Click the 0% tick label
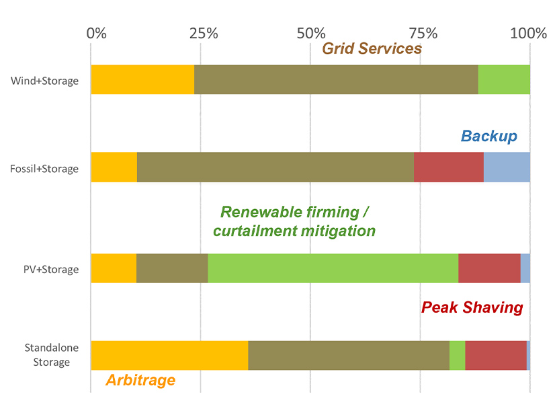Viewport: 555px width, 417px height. tap(97, 33)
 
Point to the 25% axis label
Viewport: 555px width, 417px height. tap(203, 33)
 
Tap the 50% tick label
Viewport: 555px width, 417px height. tap(310, 33)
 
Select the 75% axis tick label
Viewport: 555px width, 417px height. tap(419, 33)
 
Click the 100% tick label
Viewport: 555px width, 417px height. tap(528, 33)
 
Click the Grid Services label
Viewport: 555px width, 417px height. tap(372, 48)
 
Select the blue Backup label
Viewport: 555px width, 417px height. tap(488, 137)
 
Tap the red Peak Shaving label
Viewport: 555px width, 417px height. tap(472, 307)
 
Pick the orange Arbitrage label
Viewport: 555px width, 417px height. tap(140, 380)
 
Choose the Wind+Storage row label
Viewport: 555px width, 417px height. tap(44, 81)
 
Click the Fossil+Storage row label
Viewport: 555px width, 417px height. tap(44, 169)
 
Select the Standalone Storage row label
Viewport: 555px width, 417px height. tap(47, 355)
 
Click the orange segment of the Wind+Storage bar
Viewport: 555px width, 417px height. tap(142, 79)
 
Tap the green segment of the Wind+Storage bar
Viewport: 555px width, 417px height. tap(504, 79)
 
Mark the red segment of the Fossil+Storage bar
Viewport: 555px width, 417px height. tap(448, 167)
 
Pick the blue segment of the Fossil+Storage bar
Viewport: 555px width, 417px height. tap(507, 167)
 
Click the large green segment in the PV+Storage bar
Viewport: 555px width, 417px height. tap(333, 268)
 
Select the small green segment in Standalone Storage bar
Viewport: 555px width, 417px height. tap(457, 355)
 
